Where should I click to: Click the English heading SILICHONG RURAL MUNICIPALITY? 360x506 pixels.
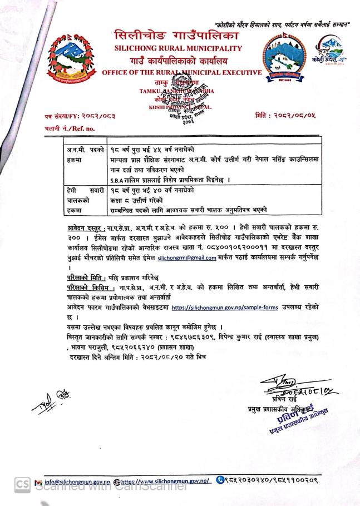[x=178, y=48]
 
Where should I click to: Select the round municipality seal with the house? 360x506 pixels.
[x=284, y=58]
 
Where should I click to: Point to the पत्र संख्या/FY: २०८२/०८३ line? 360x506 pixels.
[x=81, y=116]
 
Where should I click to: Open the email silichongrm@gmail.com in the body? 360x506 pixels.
[x=187, y=258]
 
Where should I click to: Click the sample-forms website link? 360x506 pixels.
[x=225, y=307]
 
